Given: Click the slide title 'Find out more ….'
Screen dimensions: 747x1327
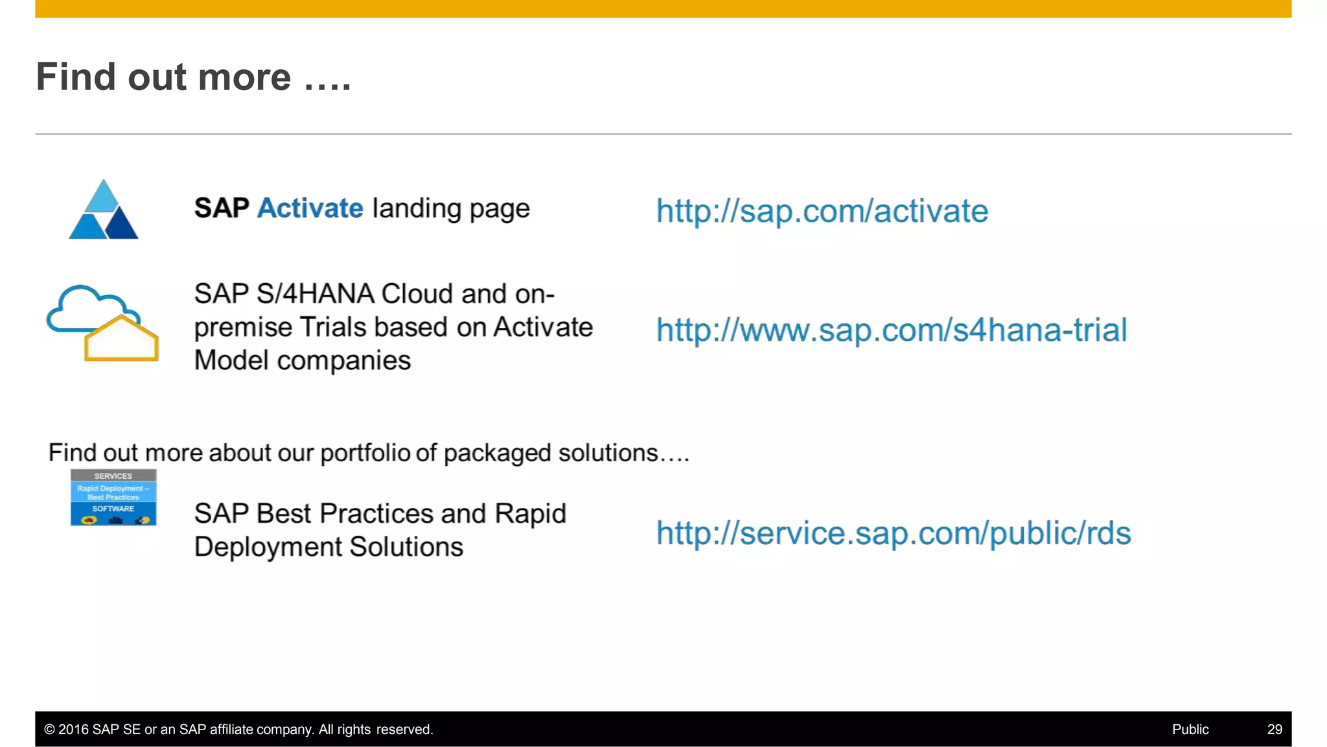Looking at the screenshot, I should click(x=193, y=77).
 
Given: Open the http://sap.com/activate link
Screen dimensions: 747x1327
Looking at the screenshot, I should click(x=822, y=211).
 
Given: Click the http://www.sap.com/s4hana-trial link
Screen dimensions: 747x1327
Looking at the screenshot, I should click(x=892, y=330).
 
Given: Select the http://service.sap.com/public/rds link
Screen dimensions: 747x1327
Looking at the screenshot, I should click(x=893, y=533).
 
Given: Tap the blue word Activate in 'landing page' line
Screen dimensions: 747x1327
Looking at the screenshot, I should click(x=310, y=209).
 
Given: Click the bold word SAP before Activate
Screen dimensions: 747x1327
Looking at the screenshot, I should click(x=222, y=209).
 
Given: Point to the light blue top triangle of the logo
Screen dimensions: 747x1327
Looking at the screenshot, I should click(x=103, y=198).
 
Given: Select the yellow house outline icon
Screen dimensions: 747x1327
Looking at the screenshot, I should click(x=121, y=339).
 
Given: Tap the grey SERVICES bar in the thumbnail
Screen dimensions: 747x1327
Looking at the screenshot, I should click(x=113, y=476).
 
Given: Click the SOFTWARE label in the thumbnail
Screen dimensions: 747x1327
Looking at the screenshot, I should click(x=113, y=509).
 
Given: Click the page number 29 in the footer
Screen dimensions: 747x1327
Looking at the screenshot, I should click(x=1274, y=730).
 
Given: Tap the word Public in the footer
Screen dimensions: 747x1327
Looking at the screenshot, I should click(x=1190, y=730).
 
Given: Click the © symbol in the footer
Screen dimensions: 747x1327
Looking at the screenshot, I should click(x=49, y=730).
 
